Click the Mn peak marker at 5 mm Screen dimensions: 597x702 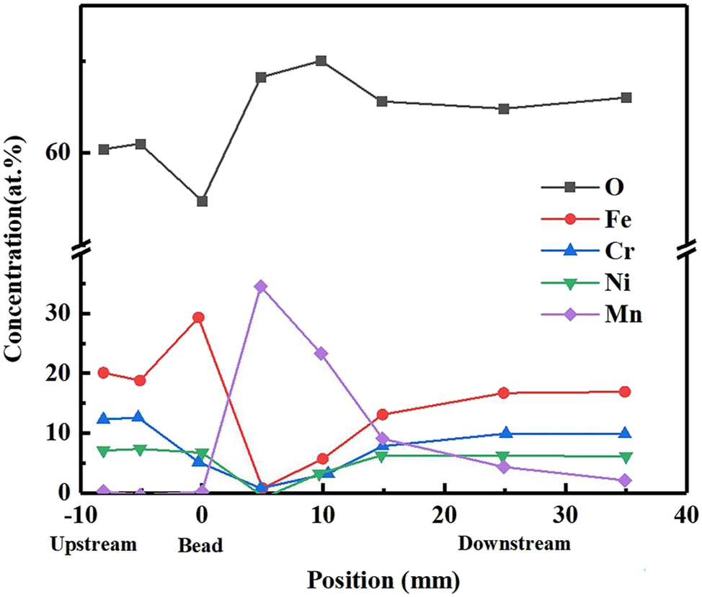[261, 286]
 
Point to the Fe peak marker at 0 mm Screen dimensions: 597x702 [198, 318]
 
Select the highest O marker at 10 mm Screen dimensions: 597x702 [321, 60]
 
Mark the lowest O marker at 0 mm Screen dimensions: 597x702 [202, 201]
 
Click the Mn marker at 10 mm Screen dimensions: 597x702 [321, 354]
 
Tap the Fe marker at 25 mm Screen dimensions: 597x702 [504, 392]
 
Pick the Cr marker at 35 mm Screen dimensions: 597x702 [626, 434]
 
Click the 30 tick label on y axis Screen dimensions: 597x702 [60, 314]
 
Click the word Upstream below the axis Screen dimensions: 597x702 [93, 544]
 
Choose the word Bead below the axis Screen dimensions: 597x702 [200, 546]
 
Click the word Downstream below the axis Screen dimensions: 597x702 [514, 544]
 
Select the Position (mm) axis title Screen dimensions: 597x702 [383, 579]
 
